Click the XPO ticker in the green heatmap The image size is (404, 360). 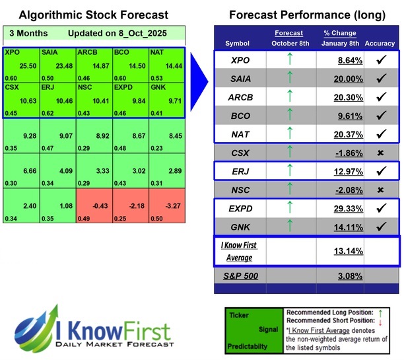point(12,51)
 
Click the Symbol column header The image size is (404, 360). point(237,43)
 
